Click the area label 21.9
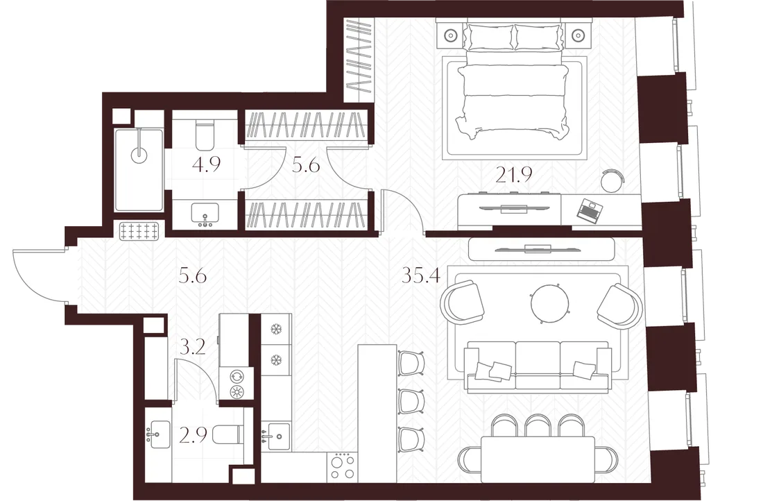tap(514, 173)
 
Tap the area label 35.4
tap(421, 276)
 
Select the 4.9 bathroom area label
tap(206, 164)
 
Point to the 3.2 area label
tap(192, 347)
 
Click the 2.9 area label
tap(193, 435)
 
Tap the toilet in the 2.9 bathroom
tap(228, 434)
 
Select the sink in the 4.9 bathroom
tap(205, 214)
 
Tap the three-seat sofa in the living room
tap(538, 366)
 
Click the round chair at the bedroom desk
tap(612, 181)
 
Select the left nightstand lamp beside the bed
tap(451, 35)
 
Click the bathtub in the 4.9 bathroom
tap(139, 170)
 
